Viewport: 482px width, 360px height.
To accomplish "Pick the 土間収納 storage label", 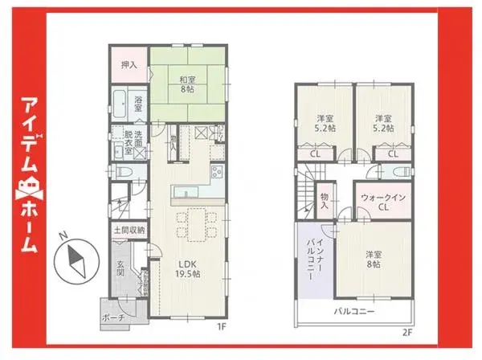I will pos(127,231).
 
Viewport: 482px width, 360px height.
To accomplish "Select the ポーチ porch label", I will pos(113,317).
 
